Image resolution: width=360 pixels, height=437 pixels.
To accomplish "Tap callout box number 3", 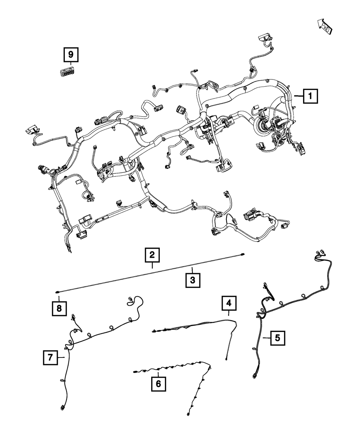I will [193, 279].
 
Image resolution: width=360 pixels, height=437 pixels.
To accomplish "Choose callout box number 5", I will [277, 338].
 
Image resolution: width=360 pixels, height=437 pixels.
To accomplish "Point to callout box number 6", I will [158, 384].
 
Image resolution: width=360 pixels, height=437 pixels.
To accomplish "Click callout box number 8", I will [59, 308].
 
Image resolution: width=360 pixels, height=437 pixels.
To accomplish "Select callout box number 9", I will [71, 55].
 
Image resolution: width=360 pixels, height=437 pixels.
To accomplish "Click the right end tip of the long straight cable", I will [243, 255].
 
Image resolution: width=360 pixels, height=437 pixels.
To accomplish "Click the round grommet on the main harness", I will [262, 127].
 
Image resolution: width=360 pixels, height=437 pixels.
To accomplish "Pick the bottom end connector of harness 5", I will [255, 376].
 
